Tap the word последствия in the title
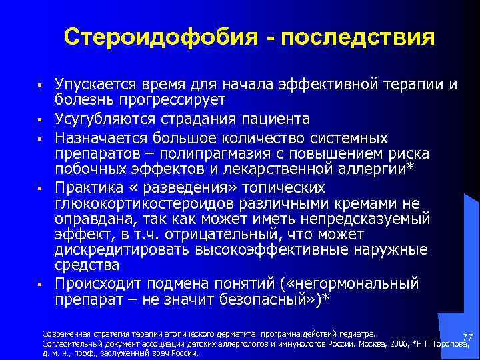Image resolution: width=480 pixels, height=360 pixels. pos(358,36)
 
